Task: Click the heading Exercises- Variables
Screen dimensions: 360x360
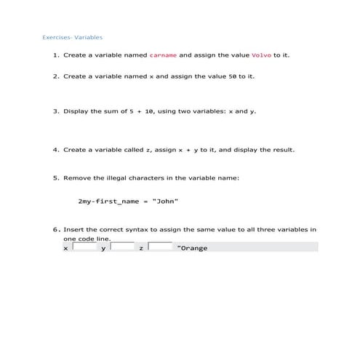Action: (x=72, y=36)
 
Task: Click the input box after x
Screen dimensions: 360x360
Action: (x=84, y=247)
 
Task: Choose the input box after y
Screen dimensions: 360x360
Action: (x=122, y=247)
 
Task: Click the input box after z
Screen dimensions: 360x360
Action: (x=160, y=247)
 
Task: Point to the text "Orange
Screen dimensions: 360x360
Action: (x=193, y=248)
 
